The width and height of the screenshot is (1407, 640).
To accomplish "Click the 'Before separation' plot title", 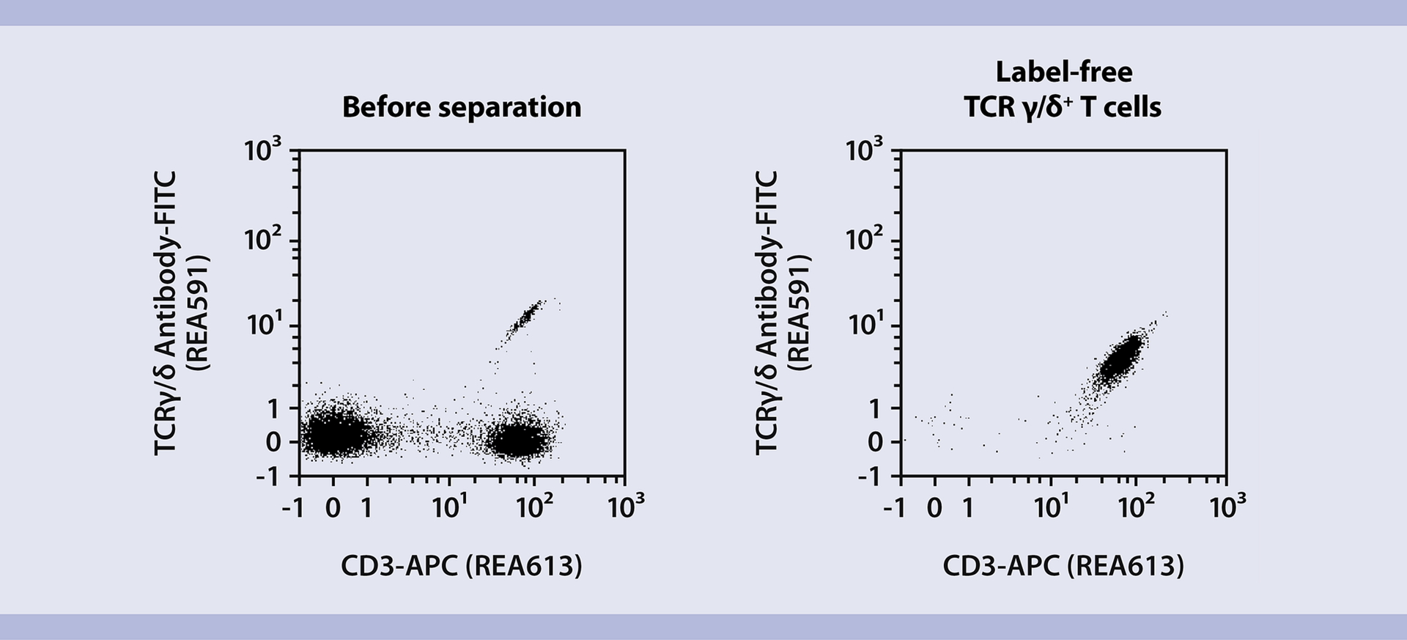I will pyautogui.click(x=462, y=107).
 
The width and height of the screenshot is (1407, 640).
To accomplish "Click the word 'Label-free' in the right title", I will pyautogui.click(x=1063, y=72).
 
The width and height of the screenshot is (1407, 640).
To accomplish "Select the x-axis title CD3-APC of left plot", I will pyautogui.click(x=462, y=565).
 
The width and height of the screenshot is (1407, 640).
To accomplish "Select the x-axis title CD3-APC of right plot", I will pyautogui.click(x=1063, y=565).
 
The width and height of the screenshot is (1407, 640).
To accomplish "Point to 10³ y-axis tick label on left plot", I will pyautogui.click(x=262, y=151).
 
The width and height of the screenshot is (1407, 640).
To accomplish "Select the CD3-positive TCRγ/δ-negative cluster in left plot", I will pyautogui.click(x=519, y=441).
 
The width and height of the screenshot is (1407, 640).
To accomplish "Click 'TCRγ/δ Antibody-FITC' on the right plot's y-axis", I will pyautogui.click(x=767, y=313).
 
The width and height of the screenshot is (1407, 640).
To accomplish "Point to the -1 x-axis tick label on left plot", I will pyautogui.click(x=293, y=508).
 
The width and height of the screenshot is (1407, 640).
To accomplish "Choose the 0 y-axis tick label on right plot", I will pyautogui.click(x=875, y=442).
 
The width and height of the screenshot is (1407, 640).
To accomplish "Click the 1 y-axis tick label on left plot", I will pyautogui.click(x=273, y=408).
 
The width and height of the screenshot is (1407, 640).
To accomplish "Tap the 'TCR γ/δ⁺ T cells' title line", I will pyautogui.click(x=1063, y=107).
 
